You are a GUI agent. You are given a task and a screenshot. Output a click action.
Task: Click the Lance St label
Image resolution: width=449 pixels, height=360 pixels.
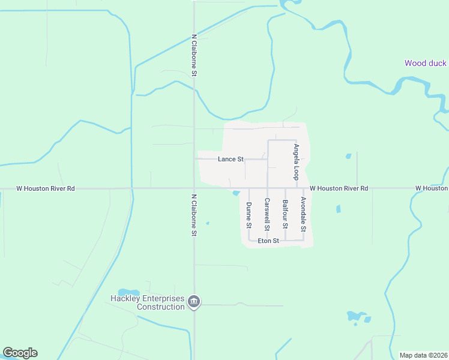coord(231,159)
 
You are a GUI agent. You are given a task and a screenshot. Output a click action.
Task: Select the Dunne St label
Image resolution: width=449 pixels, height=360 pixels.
coord(249,215)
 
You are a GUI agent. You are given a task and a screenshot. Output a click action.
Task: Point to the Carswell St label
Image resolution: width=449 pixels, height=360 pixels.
coord(267,215)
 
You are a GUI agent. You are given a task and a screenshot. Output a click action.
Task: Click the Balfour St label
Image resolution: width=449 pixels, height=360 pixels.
coord(285,215)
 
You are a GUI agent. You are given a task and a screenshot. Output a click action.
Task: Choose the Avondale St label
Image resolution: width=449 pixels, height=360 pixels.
coord(303,215)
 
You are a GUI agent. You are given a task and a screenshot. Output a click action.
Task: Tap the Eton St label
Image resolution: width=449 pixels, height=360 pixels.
coord(268,241)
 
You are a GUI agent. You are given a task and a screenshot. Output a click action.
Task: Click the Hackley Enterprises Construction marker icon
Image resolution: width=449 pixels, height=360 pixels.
coord(193,302)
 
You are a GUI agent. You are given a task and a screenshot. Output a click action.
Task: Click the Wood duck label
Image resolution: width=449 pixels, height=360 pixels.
coord(426,63)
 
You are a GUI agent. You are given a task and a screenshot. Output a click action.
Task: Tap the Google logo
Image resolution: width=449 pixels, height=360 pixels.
coord(20,353)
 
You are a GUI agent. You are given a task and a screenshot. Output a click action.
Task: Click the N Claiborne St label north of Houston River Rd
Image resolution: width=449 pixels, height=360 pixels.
coord(194,55)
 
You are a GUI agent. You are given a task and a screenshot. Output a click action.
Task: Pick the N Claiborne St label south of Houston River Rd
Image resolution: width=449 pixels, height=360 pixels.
coord(194,215)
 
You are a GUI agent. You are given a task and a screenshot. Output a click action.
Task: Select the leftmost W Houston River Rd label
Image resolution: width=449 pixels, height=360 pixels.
coord(46,188)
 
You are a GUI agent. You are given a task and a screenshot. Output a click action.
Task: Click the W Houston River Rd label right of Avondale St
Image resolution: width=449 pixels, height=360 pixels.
coord(339,188)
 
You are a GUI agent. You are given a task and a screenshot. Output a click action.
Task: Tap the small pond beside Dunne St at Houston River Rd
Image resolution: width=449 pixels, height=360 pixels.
coord(236,193)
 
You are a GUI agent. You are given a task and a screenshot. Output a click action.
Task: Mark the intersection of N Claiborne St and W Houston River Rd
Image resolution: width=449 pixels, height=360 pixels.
coord(194,188)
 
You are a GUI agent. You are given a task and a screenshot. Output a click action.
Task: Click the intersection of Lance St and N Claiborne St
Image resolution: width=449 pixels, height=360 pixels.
coord(194,159)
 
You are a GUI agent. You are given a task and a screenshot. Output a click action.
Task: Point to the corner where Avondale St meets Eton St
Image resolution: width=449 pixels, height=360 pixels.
coord(303,241)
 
